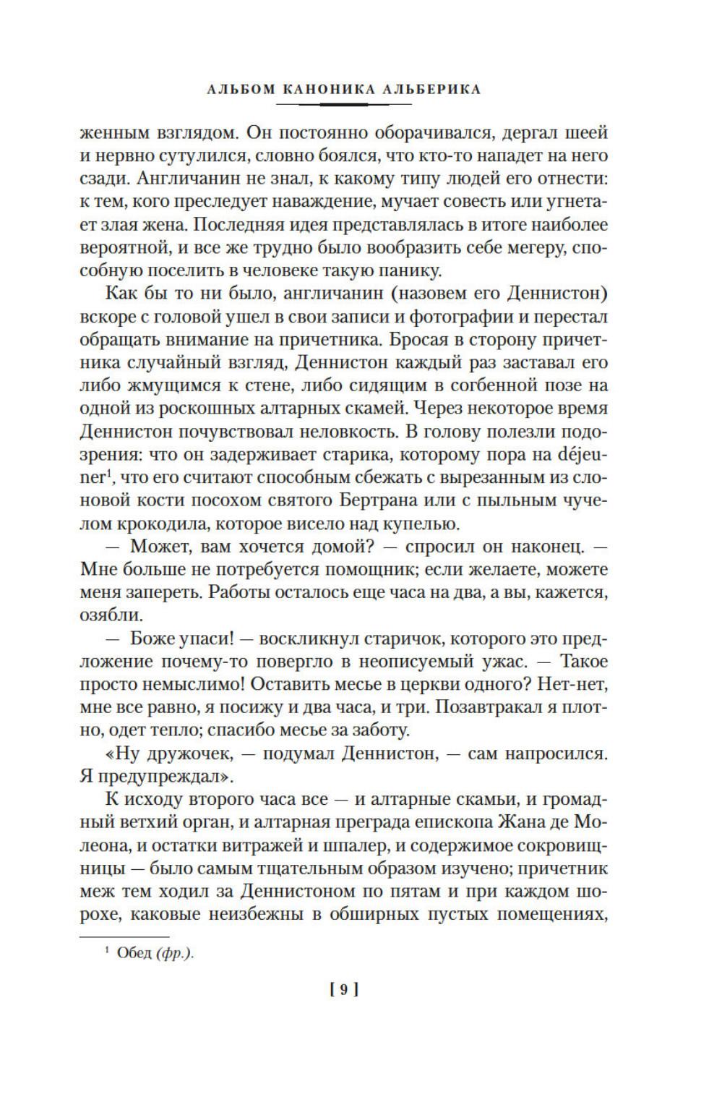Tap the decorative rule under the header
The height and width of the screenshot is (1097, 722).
[344, 105]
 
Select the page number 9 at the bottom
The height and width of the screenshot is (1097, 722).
[344, 990]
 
